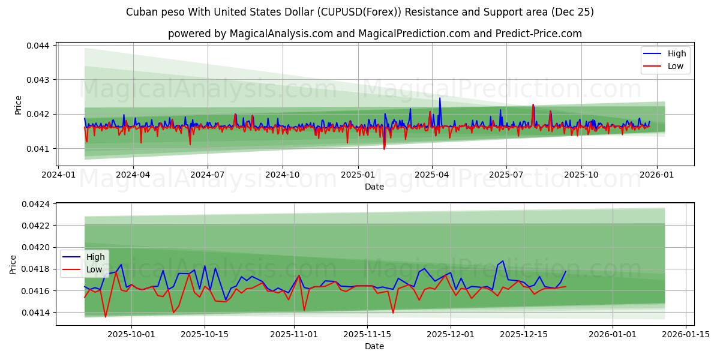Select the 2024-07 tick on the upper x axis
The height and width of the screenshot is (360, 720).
208,174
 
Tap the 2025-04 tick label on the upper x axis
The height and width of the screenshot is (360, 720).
432,174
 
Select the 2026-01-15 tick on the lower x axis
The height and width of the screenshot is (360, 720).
684,334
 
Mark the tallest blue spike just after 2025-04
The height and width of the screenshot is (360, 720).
440,98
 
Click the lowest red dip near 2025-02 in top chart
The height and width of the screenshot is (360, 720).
384,149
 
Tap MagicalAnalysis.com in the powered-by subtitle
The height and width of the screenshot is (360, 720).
281,34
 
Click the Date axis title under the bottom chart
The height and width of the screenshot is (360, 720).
374,346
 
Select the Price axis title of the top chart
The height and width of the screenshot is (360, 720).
18,105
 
